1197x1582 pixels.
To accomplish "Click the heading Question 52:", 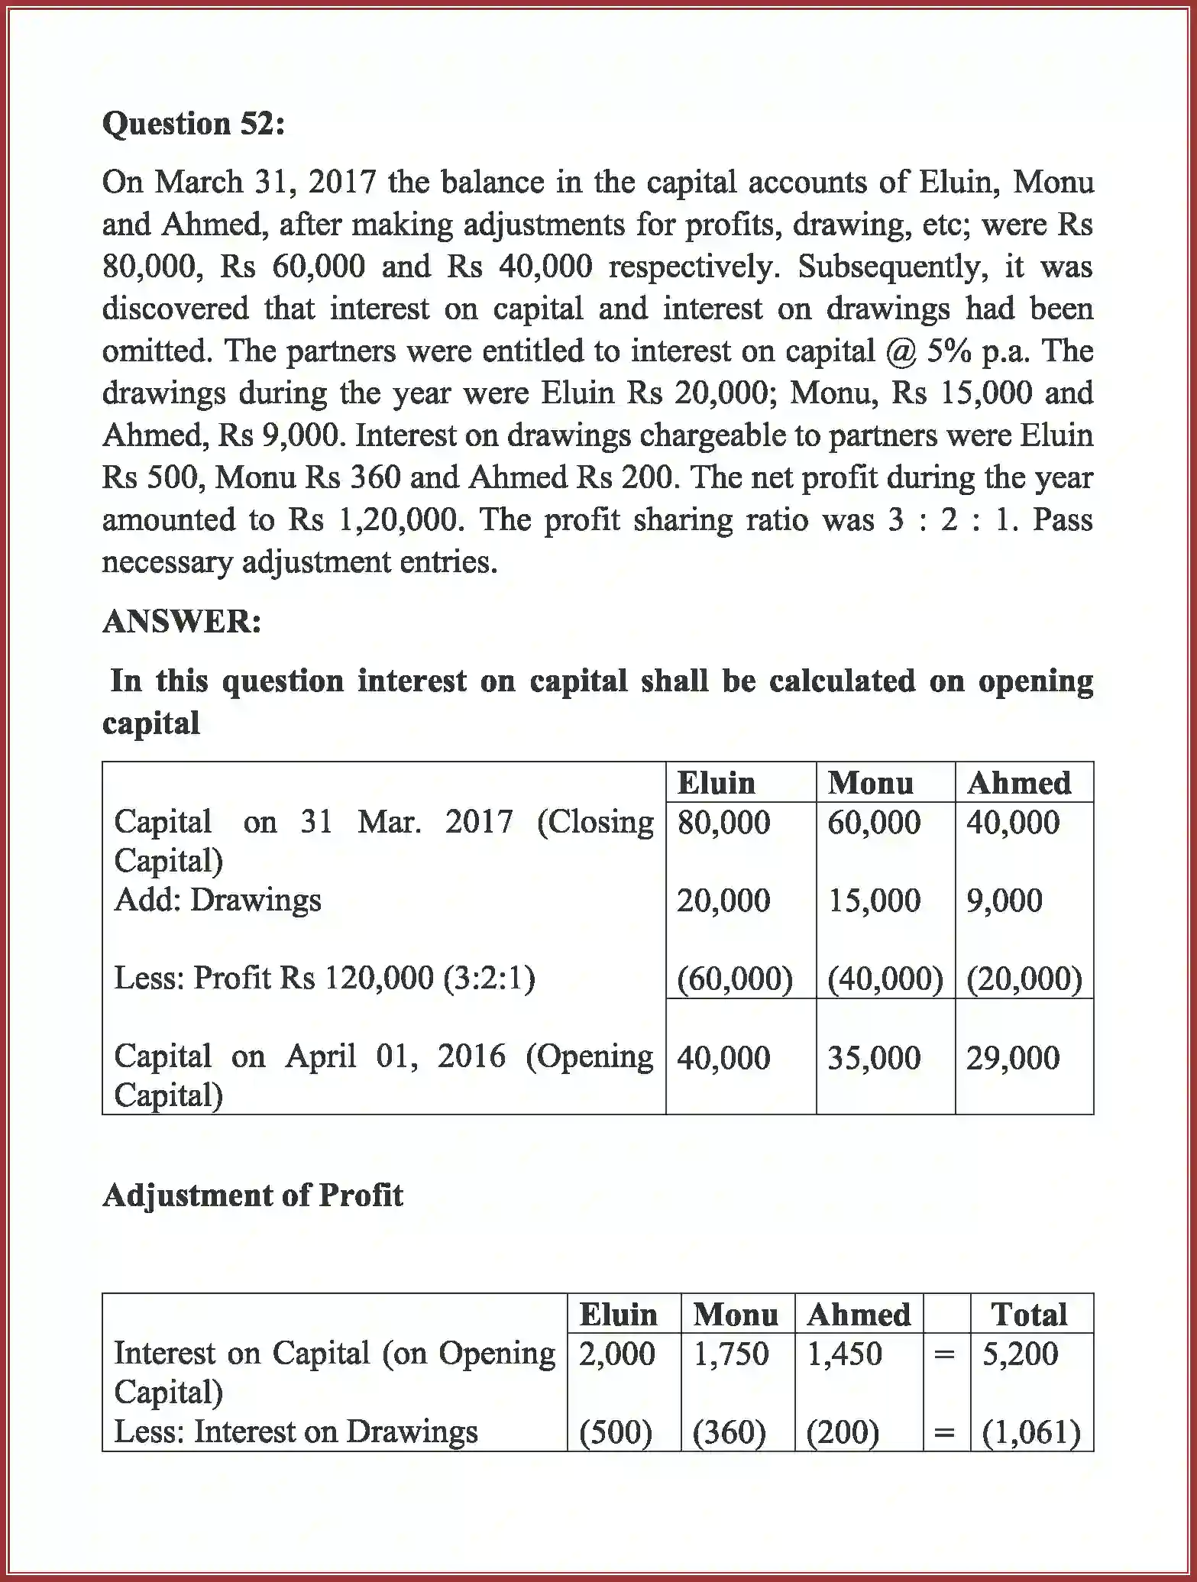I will coord(193,124).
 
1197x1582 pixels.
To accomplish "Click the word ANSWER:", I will coord(182,621).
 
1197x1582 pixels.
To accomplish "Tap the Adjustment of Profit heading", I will coord(252,1195).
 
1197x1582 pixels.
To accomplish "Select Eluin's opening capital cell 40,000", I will coord(723,1058).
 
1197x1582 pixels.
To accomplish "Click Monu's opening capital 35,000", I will coord(873,1058).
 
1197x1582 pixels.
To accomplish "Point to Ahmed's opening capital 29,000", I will coord(1012,1058).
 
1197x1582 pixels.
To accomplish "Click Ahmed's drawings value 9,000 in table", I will coord(1004,901).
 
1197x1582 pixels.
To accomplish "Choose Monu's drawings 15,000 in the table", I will coord(874,901).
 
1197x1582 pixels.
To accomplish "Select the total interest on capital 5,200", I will coord(1020,1354).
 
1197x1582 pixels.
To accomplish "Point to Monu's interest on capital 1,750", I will coord(730,1354).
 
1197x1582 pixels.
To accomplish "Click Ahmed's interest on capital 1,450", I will coord(844,1354).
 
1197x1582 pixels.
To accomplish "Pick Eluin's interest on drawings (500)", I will coord(615,1432).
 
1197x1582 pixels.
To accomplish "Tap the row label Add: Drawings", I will coord(218,900).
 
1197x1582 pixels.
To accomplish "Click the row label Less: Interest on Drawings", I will coord(296,1432).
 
